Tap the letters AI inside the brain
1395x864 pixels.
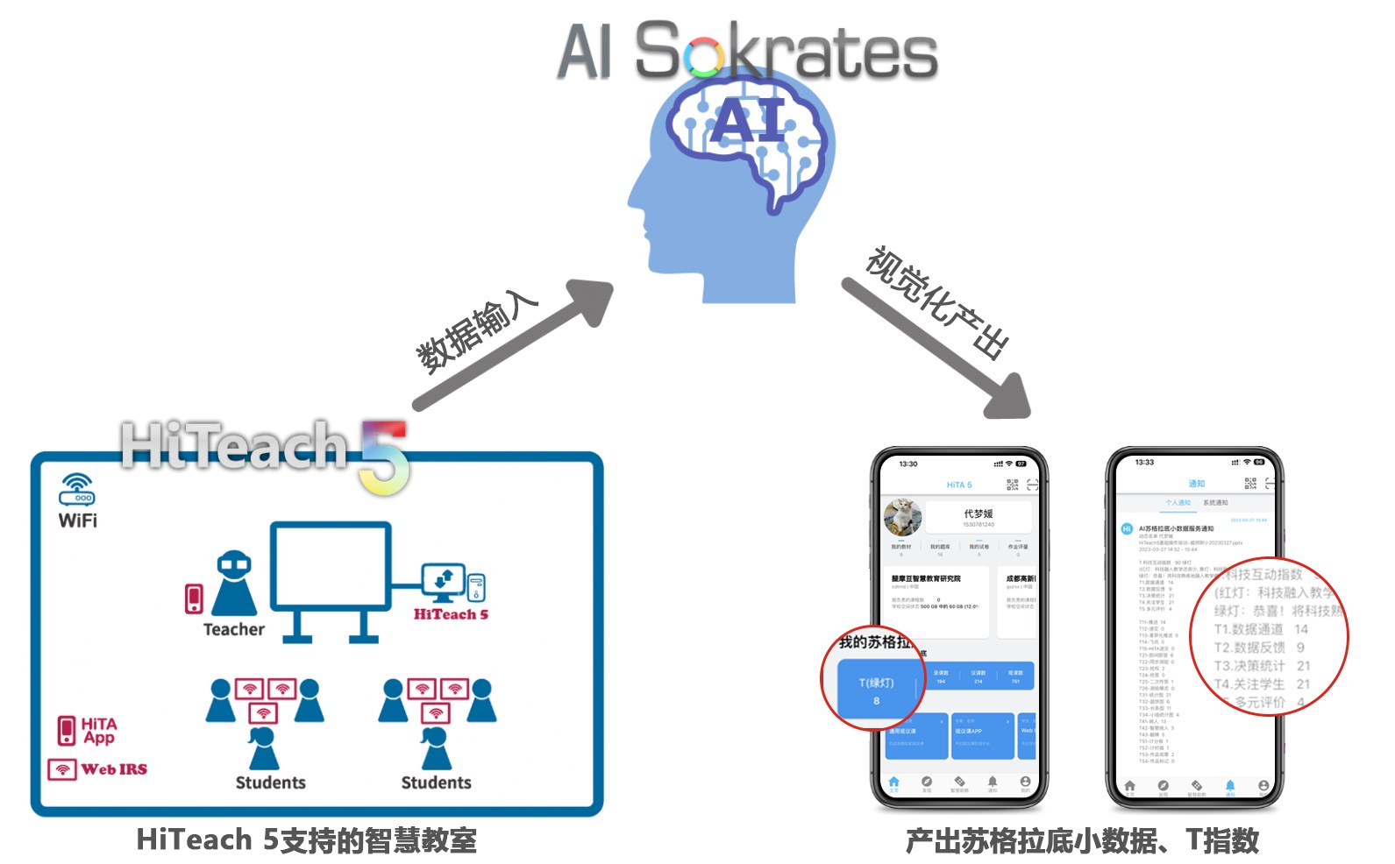748,120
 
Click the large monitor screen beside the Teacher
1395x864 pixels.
331,566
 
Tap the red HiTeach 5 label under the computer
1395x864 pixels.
451,614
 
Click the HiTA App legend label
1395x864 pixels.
98,730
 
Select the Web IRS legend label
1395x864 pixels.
113,769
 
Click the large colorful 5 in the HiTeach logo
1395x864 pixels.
384,457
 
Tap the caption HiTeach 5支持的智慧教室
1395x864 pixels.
306,840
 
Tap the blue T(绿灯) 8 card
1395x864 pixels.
876,690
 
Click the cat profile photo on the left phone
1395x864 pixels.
901,517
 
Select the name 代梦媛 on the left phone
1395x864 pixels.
978,513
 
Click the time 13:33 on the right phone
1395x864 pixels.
1144,462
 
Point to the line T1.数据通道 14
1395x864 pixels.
1260,629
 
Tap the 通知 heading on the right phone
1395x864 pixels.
1196,484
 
